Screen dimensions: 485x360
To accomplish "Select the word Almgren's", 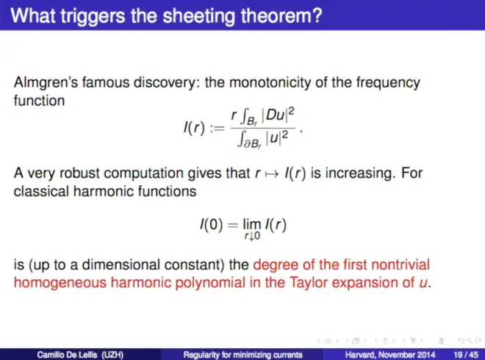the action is (x=46, y=83).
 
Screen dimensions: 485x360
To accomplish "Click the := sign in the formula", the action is (x=217, y=128).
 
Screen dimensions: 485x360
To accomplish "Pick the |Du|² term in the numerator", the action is (x=278, y=115).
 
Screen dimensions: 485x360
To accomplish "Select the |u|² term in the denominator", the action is (x=276, y=137).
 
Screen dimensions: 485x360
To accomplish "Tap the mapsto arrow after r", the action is (x=272, y=174).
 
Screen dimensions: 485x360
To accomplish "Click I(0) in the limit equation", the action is (x=211, y=225).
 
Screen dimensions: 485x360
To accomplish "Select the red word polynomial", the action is (x=209, y=283).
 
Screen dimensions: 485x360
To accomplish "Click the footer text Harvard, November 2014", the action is (x=390, y=354).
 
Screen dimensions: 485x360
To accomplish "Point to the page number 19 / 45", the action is (x=465, y=354).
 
